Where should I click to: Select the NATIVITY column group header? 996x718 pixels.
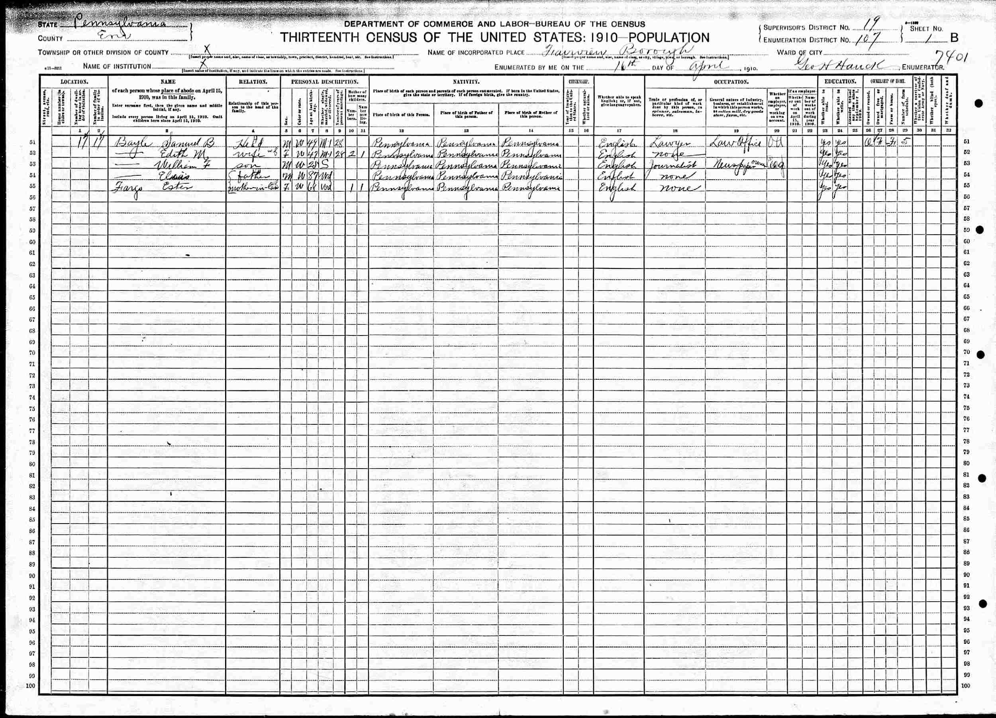pyautogui.click(x=466, y=82)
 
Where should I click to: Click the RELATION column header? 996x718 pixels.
pyautogui.click(x=253, y=82)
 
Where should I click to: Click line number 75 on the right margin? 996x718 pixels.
pyautogui.click(x=967, y=408)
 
